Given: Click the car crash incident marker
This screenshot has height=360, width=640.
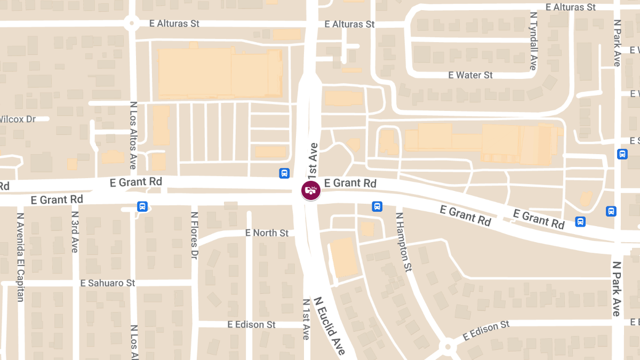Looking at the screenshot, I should click(x=311, y=190).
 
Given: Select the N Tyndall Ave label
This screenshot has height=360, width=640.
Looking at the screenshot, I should click(x=533, y=41).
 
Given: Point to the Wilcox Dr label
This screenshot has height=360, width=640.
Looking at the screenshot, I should click(x=18, y=119).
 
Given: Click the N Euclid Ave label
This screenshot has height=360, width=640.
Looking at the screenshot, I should click(x=330, y=325).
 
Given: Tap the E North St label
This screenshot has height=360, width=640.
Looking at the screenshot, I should click(x=267, y=233).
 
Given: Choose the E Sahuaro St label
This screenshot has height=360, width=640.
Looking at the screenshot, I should click(x=108, y=283).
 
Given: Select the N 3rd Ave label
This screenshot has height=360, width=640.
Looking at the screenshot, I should click(x=75, y=232).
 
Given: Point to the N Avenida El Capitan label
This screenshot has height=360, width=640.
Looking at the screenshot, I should click(x=21, y=257).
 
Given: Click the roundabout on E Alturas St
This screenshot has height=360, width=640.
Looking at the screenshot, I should click(x=131, y=23).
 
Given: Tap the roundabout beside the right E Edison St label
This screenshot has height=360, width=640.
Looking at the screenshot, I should click(x=447, y=347).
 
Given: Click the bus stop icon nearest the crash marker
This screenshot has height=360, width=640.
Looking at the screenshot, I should click(x=284, y=173).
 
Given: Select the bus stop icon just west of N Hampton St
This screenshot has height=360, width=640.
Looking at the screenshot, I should click(x=377, y=206).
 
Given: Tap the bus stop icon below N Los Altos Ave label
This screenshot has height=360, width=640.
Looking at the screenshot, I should click(x=142, y=206).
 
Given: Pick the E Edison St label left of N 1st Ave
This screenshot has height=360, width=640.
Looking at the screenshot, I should click(x=251, y=324).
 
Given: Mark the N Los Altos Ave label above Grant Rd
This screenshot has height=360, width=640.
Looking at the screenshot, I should click(x=133, y=135).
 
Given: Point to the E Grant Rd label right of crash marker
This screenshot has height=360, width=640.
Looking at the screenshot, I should click(x=350, y=183).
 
